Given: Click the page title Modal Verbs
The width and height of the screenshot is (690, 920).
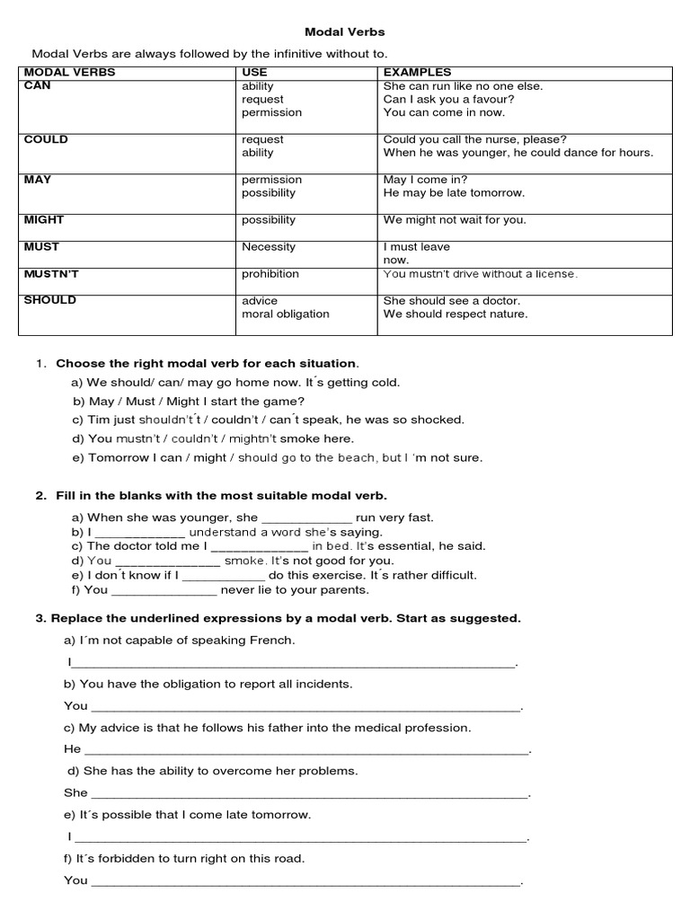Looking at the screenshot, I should [x=345, y=31].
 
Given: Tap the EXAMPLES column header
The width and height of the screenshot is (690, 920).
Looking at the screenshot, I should [x=417, y=72].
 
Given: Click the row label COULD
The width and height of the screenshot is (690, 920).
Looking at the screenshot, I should [x=46, y=139].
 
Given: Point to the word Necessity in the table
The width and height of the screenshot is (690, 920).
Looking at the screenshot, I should [x=268, y=246].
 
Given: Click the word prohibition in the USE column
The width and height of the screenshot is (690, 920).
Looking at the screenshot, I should [x=270, y=273].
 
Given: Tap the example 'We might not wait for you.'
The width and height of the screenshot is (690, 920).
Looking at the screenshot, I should [x=455, y=219].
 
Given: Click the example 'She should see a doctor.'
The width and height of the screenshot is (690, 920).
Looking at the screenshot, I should [x=451, y=300].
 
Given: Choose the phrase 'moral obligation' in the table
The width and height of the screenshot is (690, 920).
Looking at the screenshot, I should [x=285, y=314].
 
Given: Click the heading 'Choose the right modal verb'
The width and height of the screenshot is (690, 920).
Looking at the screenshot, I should [x=207, y=363].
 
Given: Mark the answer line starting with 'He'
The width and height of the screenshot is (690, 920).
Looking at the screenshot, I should [x=305, y=749].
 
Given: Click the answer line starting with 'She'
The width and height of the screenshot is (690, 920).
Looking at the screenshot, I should [x=309, y=793].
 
